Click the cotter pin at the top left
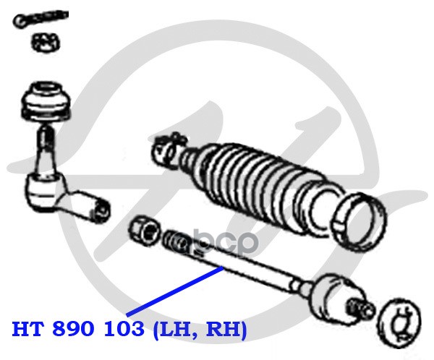tap(40, 18)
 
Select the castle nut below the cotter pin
tap(45, 43)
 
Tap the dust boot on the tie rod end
tap(46, 101)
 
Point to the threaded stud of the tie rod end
tap(45, 137)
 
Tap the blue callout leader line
tap(174, 291)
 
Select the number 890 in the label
tap(75, 329)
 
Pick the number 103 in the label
tap(124, 329)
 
